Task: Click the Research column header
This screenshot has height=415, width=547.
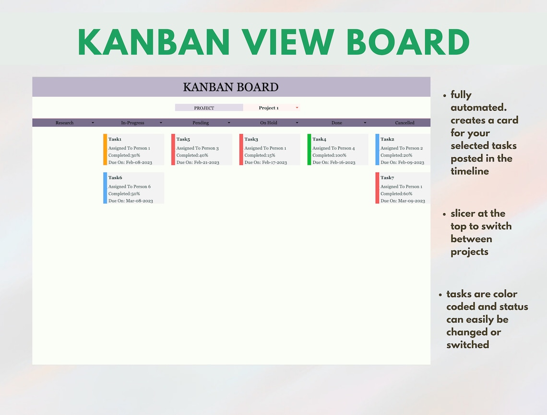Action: (x=65, y=123)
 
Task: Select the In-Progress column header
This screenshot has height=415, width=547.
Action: (x=132, y=123)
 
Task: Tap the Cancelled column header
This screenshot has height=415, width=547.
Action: (x=404, y=123)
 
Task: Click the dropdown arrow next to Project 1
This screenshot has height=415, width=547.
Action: (x=297, y=108)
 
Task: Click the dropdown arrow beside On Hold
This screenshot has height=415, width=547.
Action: (x=297, y=123)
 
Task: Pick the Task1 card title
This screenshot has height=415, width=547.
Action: (x=115, y=139)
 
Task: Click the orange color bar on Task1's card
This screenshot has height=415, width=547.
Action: (x=105, y=150)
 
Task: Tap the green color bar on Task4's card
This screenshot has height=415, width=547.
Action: (x=309, y=150)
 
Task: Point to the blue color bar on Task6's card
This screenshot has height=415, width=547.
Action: (x=105, y=188)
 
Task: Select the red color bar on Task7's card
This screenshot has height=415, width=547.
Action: (x=377, y=188)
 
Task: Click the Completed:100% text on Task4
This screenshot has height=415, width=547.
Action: (x=329, y=155)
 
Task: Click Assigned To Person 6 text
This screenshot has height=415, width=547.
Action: (x=130, y=187)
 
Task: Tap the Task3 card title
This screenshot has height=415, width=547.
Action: (x=251, y=139)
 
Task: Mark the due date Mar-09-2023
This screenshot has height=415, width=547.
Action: (x=412, y=201)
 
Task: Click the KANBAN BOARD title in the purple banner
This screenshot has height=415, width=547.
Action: (x=231, y=87)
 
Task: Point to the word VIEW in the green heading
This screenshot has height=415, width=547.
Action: (x=288, y=42)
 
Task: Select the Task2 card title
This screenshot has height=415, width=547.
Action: (x=387, y=139)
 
